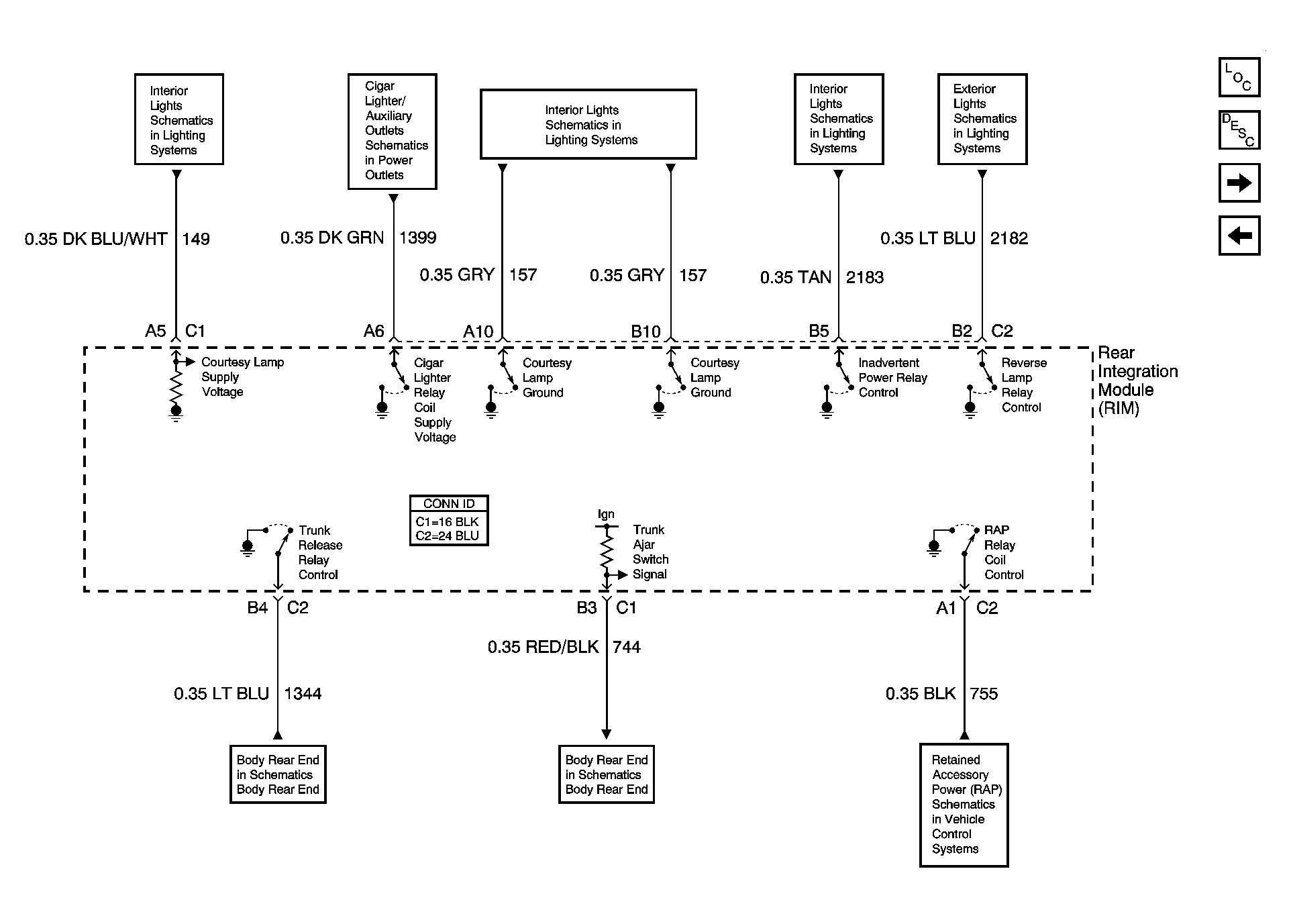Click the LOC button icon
[x=1239, y=77]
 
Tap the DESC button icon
[x=1239, y=130]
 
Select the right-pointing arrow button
[x=1239, y=183]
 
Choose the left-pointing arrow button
[x=1239, y=236]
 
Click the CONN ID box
[x=449, y=521]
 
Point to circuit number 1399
[x=417, y=238]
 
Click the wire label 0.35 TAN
[x=796, y=277]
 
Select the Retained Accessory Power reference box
[x=964, y=805]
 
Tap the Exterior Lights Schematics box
[x=982, y=119]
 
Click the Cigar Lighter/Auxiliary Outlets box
[x=393, y=131]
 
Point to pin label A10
[x=478, y=331]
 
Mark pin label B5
[x=819, y=331]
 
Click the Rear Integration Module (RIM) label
[x=1138, y=380]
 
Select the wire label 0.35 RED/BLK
[x=544, y=647]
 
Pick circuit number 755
[x=984, y=694]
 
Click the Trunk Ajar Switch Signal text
[x=650, y=552]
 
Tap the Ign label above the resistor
[x=606, y=514]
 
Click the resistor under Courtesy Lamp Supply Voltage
[x=176, y=386]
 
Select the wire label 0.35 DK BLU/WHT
[x=96, y=239]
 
